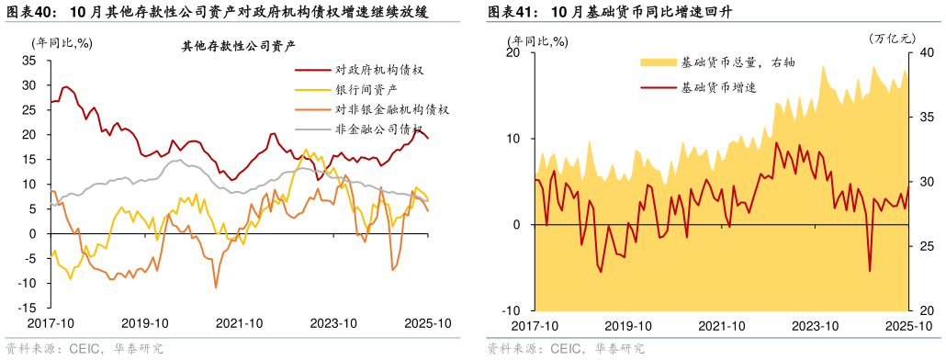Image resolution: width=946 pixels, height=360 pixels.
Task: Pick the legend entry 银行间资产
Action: pos(366,89)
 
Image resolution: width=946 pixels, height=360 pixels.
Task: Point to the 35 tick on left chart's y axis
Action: pos(28,60)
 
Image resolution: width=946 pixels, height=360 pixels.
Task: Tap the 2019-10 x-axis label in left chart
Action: pos(145,323)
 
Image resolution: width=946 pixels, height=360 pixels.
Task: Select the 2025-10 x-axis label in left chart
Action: pos(427,323)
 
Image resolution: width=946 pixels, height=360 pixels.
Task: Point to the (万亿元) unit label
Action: pos(893,39)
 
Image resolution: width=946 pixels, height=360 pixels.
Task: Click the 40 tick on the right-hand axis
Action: pos(925,53)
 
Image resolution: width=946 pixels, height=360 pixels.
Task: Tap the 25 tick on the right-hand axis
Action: pos(925,247)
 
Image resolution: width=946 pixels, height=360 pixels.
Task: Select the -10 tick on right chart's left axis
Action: pos(512,311)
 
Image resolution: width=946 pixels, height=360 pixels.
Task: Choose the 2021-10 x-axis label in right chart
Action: pos(722,326)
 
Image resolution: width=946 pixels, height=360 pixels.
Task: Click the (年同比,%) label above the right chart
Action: pos(539,40)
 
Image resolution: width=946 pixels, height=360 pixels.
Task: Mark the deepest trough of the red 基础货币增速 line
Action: pos(870,271)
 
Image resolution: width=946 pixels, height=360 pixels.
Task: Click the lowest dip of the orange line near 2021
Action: pos(216,287)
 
